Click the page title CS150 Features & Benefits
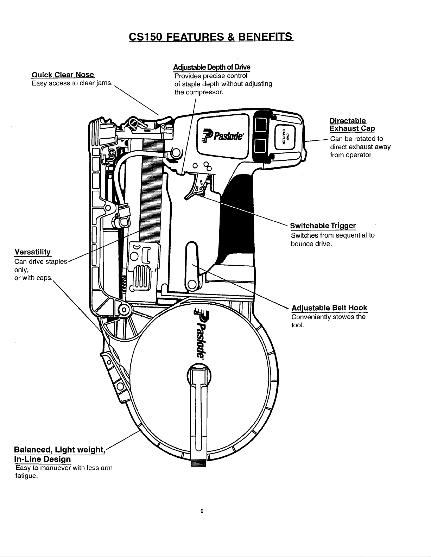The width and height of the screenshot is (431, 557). coord(211,37)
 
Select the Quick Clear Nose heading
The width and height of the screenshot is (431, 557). coord(63,75)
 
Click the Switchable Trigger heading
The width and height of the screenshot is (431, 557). coord(323,226)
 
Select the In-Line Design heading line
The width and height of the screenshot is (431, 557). coord(43,459)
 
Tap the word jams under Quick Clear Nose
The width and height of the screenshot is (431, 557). coord(104,83)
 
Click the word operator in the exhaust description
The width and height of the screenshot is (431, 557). coord(360,155)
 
